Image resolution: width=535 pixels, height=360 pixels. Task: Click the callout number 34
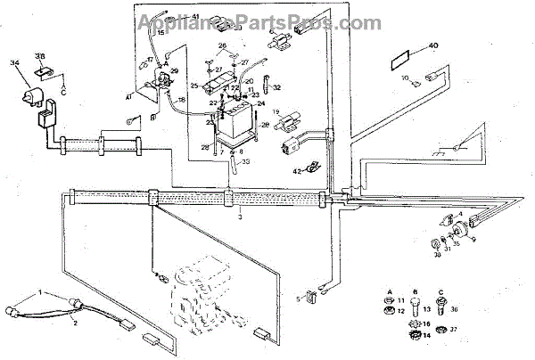coord(14,62)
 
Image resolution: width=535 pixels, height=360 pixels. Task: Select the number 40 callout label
coord(434,45)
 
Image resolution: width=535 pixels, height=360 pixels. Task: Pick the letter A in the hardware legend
coord(390,292)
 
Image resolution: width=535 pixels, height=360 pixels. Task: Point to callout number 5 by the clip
coord(298,299)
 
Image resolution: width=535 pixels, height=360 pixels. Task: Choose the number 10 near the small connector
coord(405,79)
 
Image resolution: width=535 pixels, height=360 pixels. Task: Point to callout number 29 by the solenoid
coord(174,70)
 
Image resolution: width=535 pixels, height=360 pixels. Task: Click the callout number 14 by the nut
coord(427,335)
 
